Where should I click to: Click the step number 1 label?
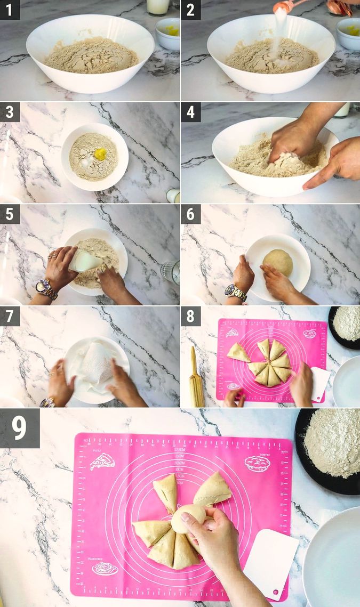click(x=10, y=10)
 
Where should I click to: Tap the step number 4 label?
click(x=190, y=112)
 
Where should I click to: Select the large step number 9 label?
click(x=20, y=427)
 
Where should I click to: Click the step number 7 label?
click(x=10, y=316)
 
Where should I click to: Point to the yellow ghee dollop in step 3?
click(x=100, y=154)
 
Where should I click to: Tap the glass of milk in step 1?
click(x=158, y=6)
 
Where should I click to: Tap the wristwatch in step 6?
click(x=235, y=292)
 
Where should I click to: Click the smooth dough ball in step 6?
click(x=278, y=263)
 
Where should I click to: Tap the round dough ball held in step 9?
click(x=188, y=517)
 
